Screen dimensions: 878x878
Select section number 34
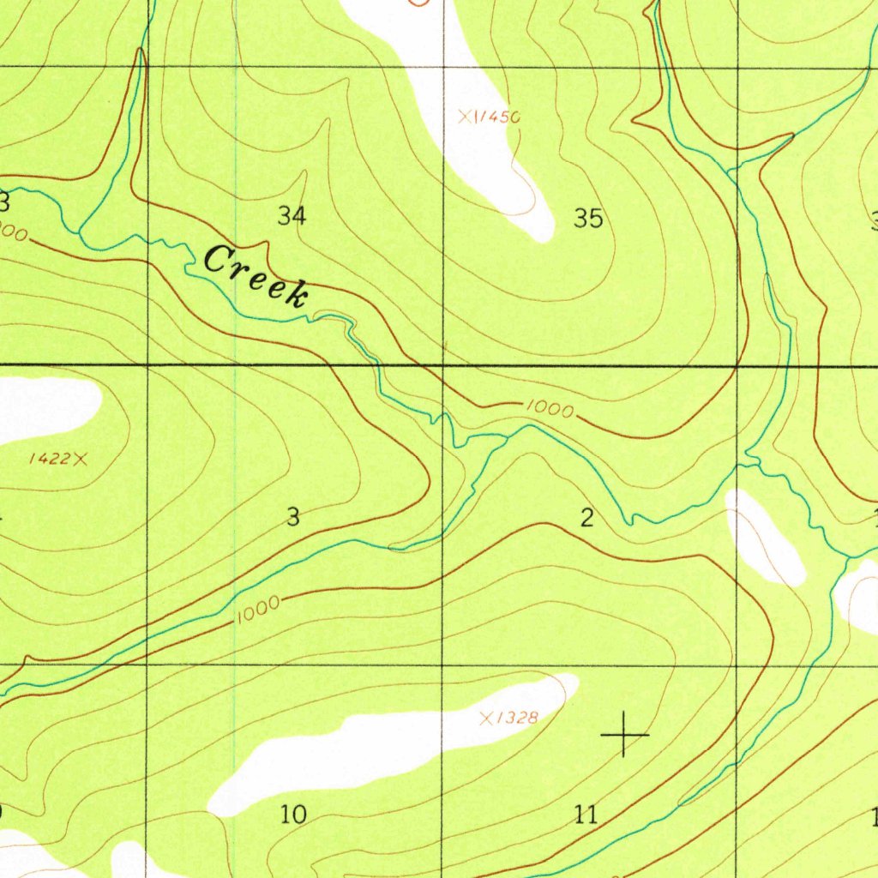[292, 217]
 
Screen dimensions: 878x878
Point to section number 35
[588, 219]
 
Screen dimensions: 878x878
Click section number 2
[586, 518]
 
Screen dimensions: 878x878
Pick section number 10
[293, 815]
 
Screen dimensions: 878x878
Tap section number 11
[586, 815]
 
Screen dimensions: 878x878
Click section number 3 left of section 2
[293, 518]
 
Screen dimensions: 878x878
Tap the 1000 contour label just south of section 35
[550, 410]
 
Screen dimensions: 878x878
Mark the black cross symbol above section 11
[624, 735]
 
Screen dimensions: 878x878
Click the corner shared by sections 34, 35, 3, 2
[442, 366]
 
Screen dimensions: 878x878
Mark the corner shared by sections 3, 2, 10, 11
[442, 665]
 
